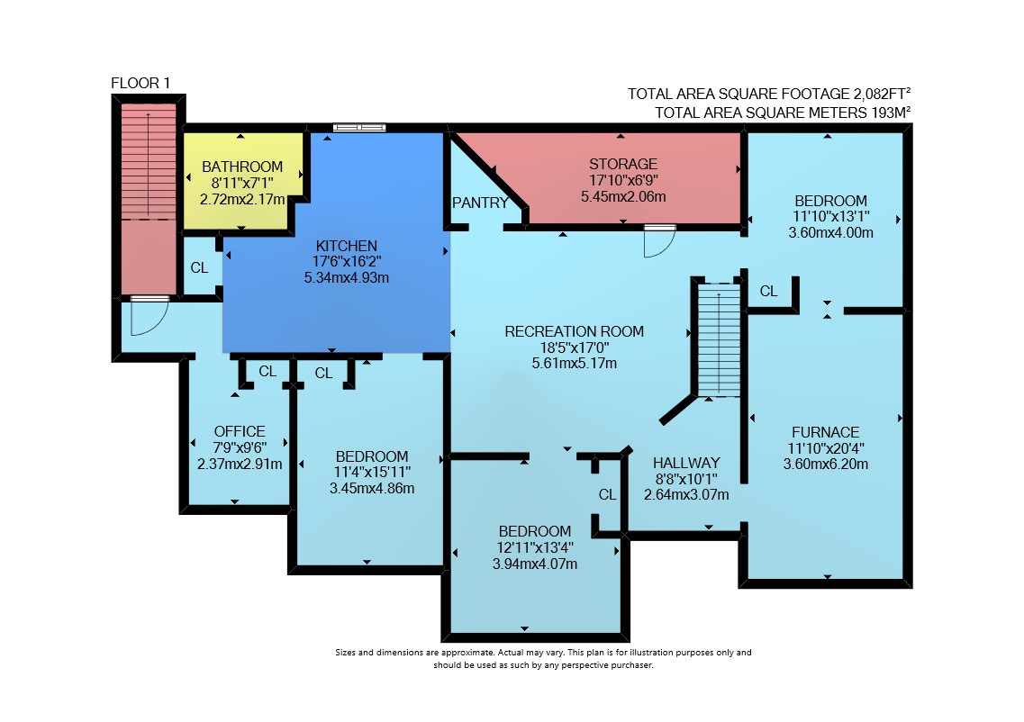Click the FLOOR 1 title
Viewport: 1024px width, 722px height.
tap(140, 83)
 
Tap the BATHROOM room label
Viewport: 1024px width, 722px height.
tap(242, 167)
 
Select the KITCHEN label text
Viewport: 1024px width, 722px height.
tap(346, 246)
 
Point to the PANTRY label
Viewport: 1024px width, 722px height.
tap(480, 203)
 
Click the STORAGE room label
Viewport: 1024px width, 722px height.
tap(623, 164)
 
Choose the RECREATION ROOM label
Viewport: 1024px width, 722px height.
tap(574, 331)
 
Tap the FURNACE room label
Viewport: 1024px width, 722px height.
tap(826, 432)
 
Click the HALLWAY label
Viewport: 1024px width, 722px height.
tap(686, 463)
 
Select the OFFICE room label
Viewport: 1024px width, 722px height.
tap(240, 431)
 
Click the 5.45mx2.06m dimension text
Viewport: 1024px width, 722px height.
tap(623, 196)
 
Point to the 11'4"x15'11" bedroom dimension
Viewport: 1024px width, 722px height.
tap(372, 472)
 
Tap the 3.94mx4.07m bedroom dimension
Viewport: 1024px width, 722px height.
tap(535, 564)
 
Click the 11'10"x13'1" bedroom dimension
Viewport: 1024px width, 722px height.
tap(830, 216)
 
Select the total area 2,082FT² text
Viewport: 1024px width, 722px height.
tap(769, 94)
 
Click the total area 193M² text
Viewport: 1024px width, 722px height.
tap(783, 113)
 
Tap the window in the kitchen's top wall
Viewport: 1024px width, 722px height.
tap(359, 128)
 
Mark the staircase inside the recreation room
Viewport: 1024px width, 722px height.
tap(719, 339)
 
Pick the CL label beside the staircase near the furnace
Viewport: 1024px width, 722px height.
tap(768, 291)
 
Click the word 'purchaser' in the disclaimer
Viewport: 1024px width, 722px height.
tap(632, 665)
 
